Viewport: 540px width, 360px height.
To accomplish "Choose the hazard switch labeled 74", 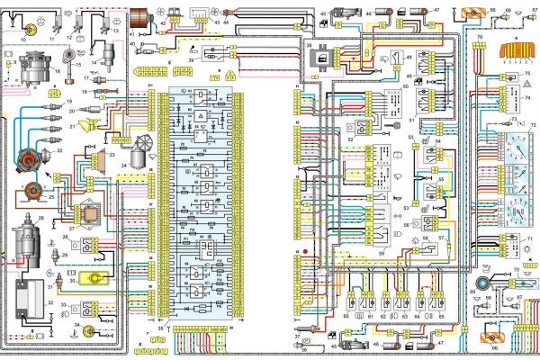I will tap(523, 104).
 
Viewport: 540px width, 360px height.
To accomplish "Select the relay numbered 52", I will tap(362, 128).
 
